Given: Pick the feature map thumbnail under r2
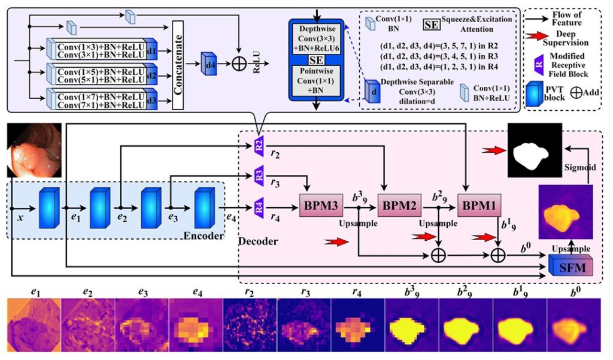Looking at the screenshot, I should pyautogui.click(x=250, y=327).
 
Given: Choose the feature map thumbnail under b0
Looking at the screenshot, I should pyautogui.click(x=573, y=327).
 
